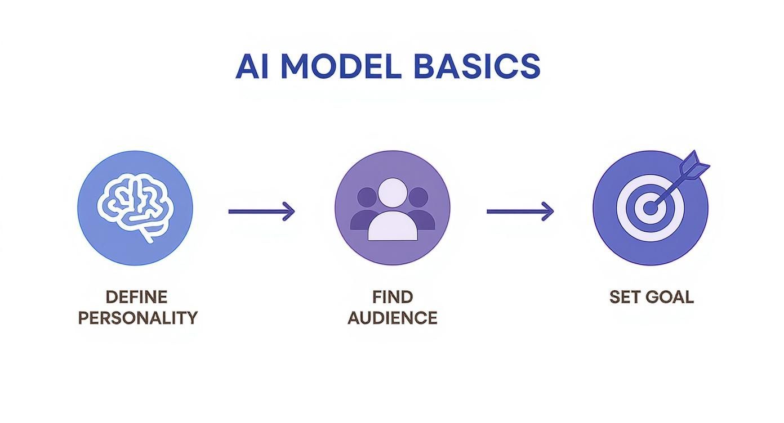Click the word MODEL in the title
341,67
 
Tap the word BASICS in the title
476,67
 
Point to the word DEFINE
137,296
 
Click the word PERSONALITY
138,317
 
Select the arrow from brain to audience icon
261,211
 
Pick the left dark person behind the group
366,211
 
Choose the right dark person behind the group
420,211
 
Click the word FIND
393,296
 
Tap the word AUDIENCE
393,317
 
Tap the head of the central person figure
393,192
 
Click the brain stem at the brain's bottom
148,235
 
